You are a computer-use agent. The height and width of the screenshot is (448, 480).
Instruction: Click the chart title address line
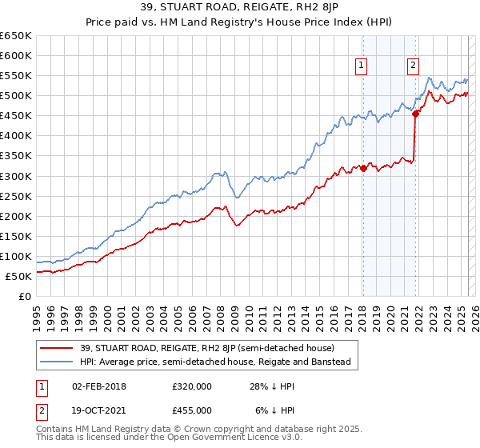[x=240, y=9]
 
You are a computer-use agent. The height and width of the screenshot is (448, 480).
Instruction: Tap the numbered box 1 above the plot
[x=362, y=66]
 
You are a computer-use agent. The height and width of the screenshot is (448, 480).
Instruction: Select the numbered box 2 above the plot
[x=413, y=66]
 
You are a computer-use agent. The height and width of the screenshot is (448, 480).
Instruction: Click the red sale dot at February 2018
[x=363, y=168]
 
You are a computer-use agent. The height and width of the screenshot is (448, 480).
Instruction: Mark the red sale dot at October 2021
[x=415, y=114]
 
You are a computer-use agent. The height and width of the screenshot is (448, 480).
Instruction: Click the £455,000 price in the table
[x=192, y=409]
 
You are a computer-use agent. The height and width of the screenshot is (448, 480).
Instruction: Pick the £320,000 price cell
[x=192, y=386]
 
